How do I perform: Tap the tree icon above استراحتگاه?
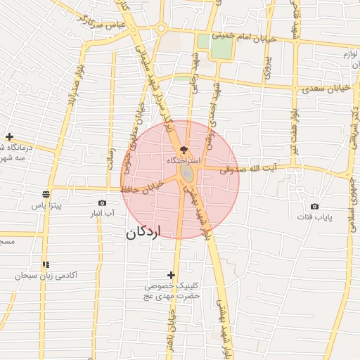[184, 150]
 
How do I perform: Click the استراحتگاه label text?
[184, 161]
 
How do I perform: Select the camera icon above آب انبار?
[103, 202]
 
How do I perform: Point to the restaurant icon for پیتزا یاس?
[46, 194]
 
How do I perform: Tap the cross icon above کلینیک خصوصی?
[171, 275]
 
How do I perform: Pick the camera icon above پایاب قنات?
[314, 207]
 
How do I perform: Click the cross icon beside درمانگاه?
[9, 137]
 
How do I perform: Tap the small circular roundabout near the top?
[161, 29]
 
